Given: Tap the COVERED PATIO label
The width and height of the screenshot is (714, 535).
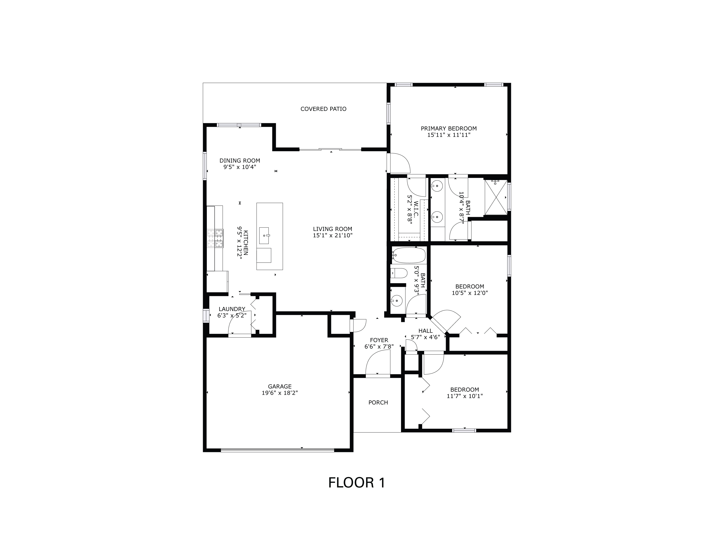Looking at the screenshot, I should (323, 109).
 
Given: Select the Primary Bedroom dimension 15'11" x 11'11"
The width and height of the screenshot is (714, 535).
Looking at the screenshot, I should (448, 135).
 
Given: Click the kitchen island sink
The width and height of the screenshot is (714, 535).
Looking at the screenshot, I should (264, 235).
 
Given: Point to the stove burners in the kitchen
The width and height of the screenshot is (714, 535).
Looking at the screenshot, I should (215, 238).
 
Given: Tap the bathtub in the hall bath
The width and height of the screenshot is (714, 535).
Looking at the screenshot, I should (408, 255).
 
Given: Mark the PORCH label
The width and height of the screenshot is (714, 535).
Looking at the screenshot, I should (378, 403).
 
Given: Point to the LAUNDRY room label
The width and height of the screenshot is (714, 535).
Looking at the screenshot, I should (232, 309).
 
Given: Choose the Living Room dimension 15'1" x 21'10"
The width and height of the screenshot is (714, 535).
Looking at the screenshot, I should (332, 235).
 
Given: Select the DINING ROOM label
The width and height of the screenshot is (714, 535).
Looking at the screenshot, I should (239, 160).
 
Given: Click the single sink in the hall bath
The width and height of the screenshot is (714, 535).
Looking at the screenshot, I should (396, 301).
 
